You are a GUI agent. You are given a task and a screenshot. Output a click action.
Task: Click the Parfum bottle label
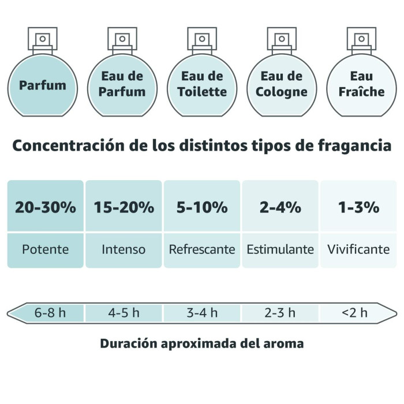42,85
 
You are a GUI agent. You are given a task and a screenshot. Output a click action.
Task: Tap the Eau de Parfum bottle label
122,84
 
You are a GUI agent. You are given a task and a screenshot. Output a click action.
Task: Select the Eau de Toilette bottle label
202,84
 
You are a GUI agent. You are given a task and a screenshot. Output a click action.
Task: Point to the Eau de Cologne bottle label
282,84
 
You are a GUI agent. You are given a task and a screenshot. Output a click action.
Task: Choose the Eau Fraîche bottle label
362,84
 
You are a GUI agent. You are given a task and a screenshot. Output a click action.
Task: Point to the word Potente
46,250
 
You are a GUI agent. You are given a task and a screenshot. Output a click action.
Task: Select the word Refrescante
202,250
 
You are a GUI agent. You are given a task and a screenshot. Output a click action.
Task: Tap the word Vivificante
358,250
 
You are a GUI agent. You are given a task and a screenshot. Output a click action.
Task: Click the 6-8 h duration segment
50,313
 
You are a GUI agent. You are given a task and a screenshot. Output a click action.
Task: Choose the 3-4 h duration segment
202,313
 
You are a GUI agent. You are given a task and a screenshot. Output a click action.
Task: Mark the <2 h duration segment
354,313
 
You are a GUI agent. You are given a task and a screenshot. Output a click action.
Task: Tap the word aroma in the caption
281,343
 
